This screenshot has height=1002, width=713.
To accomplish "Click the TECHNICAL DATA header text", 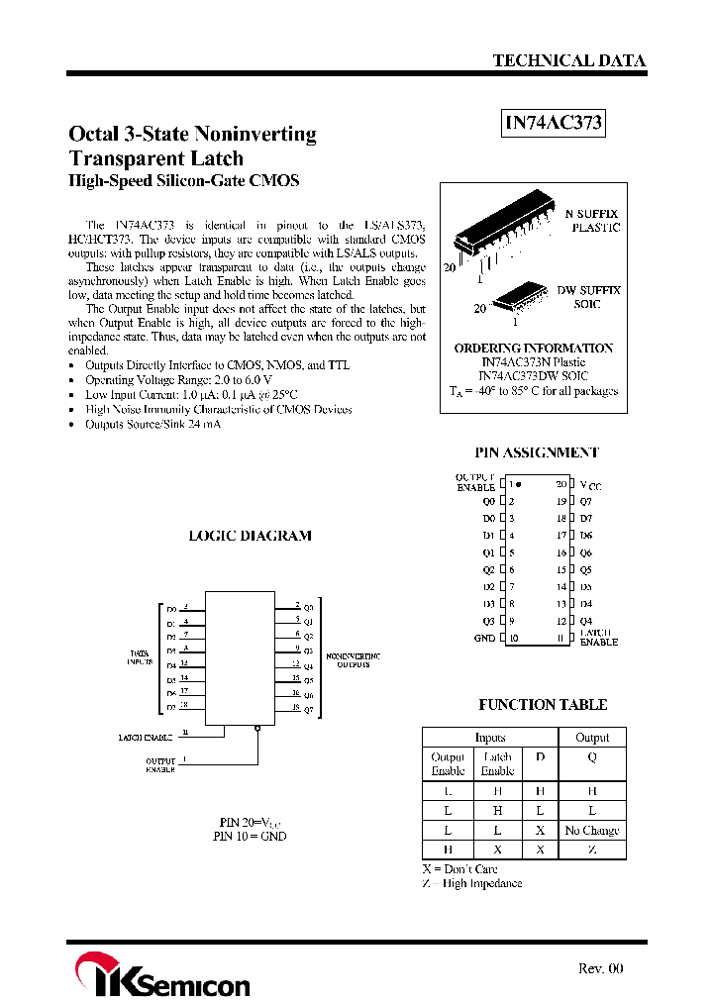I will pos(568,60).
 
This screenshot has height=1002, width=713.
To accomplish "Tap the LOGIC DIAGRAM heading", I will pos(250,536).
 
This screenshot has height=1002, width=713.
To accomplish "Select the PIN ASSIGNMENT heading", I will pos(536,452).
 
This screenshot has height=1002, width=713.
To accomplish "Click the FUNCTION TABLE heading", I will pos(543,705).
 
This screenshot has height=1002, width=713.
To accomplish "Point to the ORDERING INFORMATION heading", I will pos(533,349).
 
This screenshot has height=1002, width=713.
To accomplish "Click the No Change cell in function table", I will pos(592,831).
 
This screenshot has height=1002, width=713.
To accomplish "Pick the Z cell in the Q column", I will pos(592,850).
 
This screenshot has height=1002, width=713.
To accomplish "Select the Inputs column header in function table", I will pos(490,738).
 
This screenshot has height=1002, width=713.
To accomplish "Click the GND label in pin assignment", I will pos(484,639).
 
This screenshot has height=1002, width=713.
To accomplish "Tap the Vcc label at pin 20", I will pos(590,486).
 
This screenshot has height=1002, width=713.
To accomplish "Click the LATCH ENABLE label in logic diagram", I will pos(145,737).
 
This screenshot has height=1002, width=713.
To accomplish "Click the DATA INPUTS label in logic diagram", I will pos(140,657).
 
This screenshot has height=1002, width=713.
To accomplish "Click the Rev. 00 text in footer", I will pos(600,968).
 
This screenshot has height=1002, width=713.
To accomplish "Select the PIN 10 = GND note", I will pos(250,836).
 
